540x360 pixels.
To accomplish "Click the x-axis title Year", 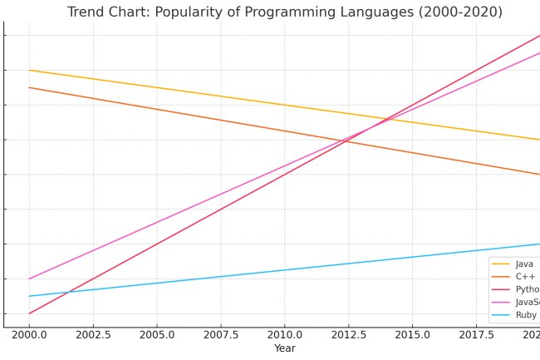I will click(285, 348).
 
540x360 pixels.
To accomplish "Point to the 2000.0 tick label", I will click(29, 334).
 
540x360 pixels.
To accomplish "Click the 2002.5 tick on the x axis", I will click(93, 334).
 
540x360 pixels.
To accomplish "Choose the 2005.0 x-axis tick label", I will click(157, 334).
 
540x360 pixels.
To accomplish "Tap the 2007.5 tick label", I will click(221, 334).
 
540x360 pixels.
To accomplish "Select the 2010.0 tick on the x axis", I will click(285, 334).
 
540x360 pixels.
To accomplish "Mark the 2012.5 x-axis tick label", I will click(349, 334).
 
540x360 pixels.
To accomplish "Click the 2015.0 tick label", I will click(413, 334).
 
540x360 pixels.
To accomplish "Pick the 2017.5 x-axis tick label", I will click(477, 334).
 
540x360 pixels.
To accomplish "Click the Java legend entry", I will click(524, 264).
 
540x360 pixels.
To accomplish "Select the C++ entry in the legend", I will click(525, 276).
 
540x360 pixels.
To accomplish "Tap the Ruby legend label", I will click(526, 315).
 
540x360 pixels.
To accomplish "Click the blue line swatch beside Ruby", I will click(500, 315).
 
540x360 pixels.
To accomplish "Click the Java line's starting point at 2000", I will click(29, 70).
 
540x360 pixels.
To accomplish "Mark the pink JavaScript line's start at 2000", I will click(29, 279).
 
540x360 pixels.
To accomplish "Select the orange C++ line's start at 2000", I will click(29, 87).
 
